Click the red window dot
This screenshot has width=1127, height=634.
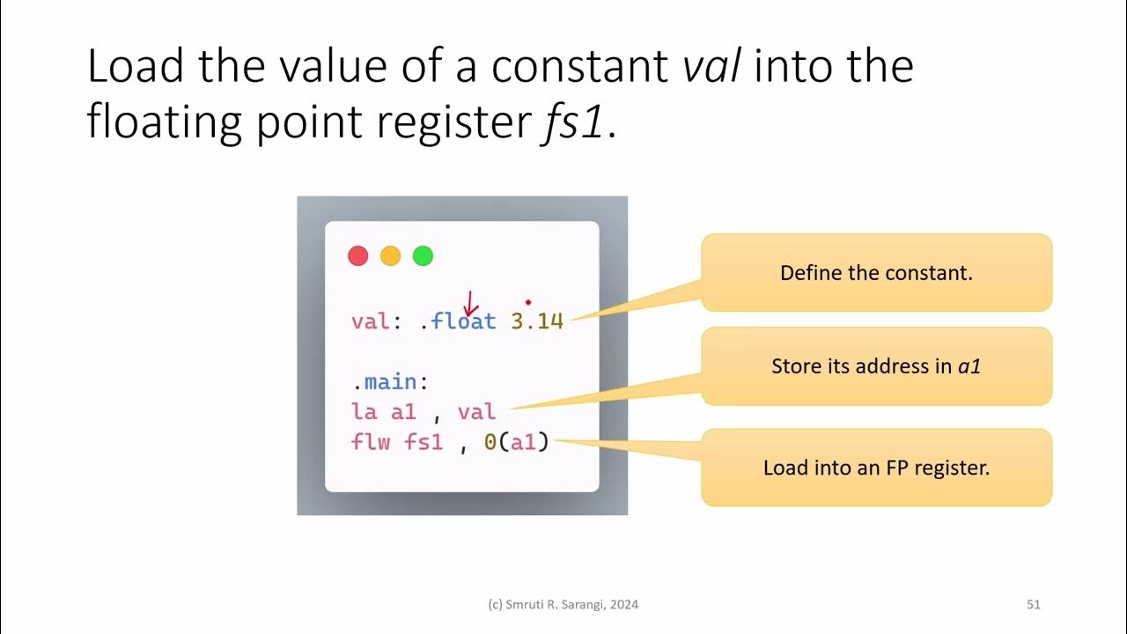click(x=357, y=256)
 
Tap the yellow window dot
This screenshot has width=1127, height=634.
click(x=390, y=256)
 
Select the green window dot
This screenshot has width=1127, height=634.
click(x=423, y=256)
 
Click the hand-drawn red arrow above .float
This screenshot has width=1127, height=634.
click(x=470, y=305)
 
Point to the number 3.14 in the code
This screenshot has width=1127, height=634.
click(x=537, y=321)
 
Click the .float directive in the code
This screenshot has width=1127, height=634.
click(x=458, y=321)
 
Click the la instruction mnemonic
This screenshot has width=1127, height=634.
click(x=364, y=412)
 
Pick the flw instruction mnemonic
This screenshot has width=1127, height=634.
click(x=370, y=442)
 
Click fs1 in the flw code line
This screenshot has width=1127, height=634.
click(x=423, y=442)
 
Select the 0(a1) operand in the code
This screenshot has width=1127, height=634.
click(x=516, y=442)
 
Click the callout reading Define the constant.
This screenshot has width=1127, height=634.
click(x=876, y=273)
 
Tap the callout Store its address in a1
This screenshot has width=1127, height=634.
click(x=876, y=366)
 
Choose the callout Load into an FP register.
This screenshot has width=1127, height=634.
click(x=876, y=468)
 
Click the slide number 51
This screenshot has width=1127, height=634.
click(x=1034, y=604)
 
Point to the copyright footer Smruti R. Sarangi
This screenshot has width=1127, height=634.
click(x=563, y=604)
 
